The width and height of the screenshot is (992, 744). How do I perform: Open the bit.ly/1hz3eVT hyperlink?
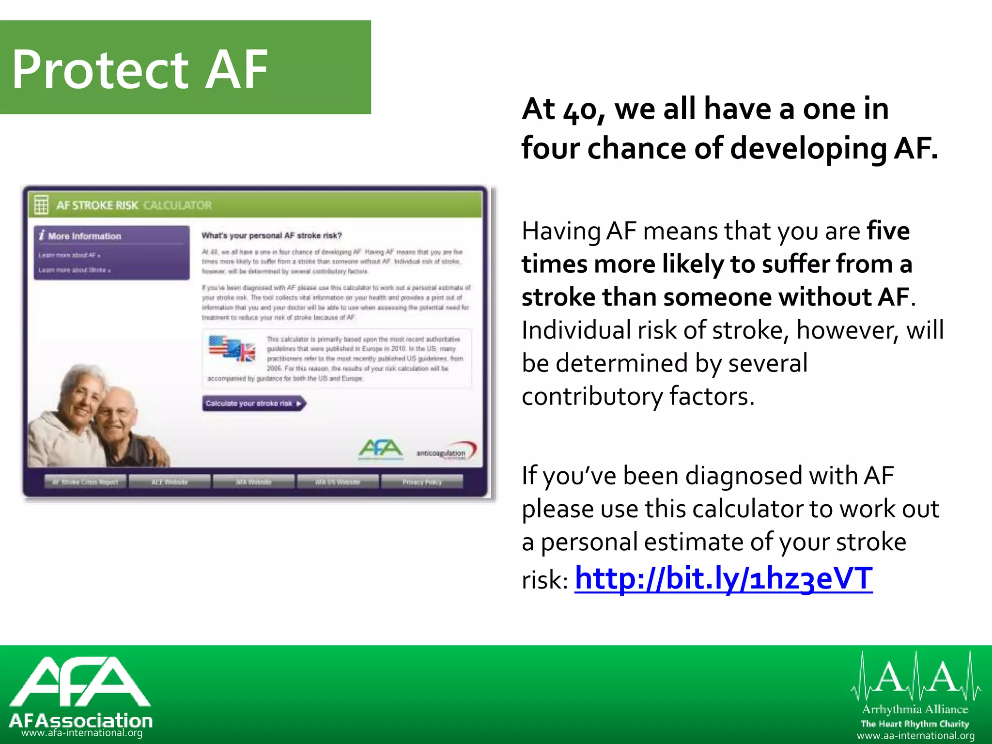[x=723, y=578]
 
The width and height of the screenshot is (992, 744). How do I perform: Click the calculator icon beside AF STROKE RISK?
[x=41, y=205]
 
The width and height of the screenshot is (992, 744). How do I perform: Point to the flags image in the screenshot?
[x=232, y=348]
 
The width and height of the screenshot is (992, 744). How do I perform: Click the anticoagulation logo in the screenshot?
[x=446, y=451]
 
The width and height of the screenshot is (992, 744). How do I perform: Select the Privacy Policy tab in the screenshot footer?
[x=422, y=482]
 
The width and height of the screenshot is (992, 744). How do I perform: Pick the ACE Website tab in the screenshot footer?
[x=169, y=482]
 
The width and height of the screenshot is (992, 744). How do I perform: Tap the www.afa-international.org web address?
[x=82, y=733]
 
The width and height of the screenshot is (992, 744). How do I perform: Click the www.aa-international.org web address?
[x=915, y=736]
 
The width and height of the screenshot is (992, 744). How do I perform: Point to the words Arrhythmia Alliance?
[x=915, y=710]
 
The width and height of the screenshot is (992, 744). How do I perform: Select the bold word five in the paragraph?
[x=888, y=231]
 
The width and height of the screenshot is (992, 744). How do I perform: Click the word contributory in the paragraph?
[x=591, y=396]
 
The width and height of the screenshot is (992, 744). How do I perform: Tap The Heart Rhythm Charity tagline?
[x=914, y=724]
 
